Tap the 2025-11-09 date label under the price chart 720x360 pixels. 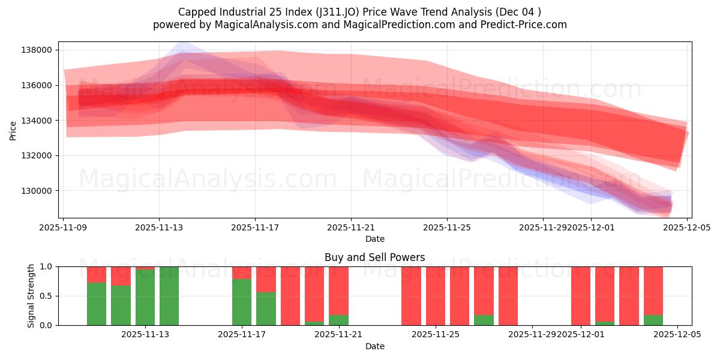(x=64, y=227)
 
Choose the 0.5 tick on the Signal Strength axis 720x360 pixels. (x=47, y=296)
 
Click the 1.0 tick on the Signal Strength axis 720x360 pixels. (x=47, y=266)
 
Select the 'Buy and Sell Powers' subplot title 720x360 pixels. (x=374, y=257)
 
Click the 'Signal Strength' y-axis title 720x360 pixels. (x=32, y=295)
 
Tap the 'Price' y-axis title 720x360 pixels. (x=13, y=130)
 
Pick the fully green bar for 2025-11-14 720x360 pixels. (x=169, y=296)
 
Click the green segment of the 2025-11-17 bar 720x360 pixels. (x=242, y=302)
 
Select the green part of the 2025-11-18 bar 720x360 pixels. (x=266, y=309)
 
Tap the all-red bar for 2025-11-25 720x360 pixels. (x=436, y=296)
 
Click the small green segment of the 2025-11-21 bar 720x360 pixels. (x=338, y=320)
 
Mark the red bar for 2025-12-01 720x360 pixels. (x=581, y=296)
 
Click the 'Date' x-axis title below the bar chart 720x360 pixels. (x=374, y=346)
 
